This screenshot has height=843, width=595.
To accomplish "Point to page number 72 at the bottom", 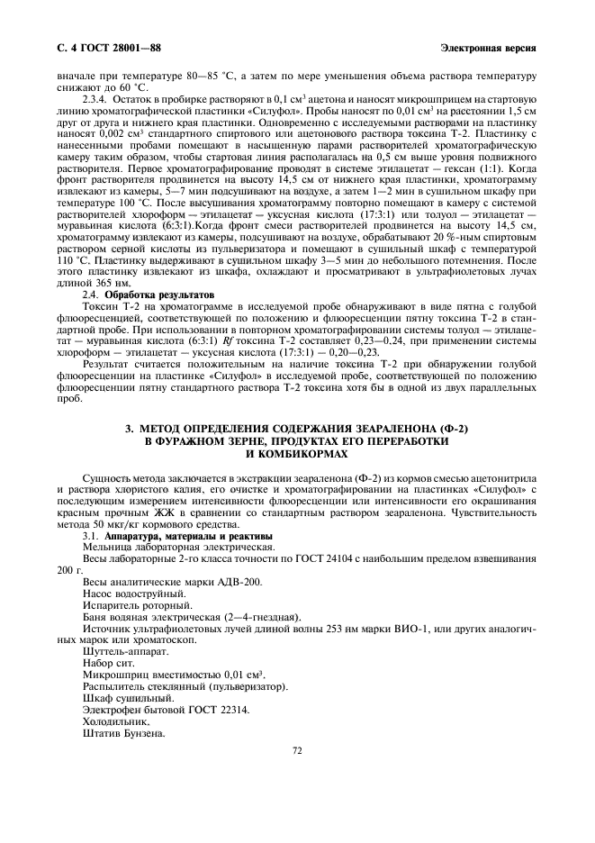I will click(x=298, y=749).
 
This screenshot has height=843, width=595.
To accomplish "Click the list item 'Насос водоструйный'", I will click(x=135, y=594).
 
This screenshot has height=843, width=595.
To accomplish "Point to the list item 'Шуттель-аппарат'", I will click(x=124, y=651).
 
